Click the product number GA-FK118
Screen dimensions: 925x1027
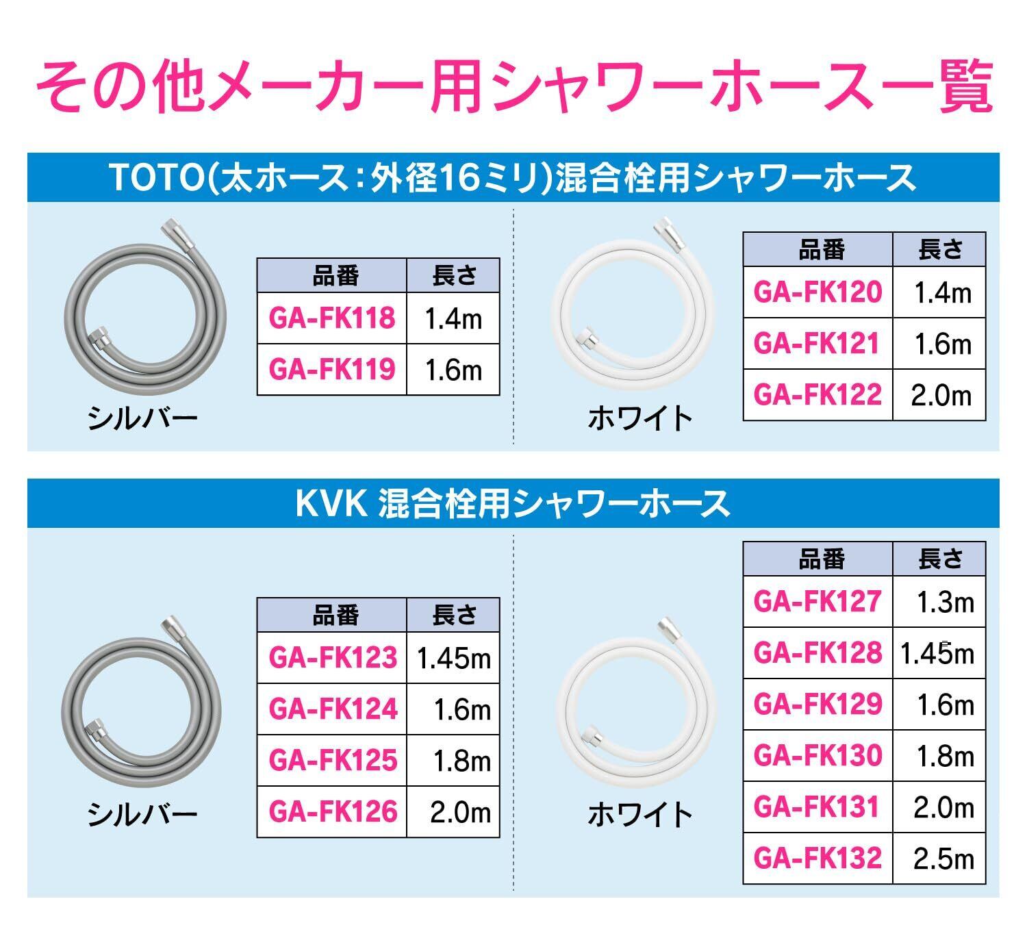(x=332, y=318)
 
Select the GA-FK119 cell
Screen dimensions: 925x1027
(x=332, y=370)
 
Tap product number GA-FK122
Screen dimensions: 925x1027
(x=817, y=395)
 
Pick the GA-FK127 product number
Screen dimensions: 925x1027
(x=817, y=602)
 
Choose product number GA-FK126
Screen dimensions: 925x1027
(x=333, y=812)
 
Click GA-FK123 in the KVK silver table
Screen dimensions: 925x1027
(x=333, y=658)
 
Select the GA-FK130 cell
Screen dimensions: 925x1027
(x=817, y=756)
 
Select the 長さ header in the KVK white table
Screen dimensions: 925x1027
(x=940, y=559)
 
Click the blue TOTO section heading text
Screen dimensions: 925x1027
(x=513, y=178)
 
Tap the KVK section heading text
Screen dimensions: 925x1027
(x=513, y=504)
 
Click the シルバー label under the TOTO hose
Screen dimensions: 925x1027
(x=142, y=418)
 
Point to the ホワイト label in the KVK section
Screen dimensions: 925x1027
(x=640, y=814)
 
